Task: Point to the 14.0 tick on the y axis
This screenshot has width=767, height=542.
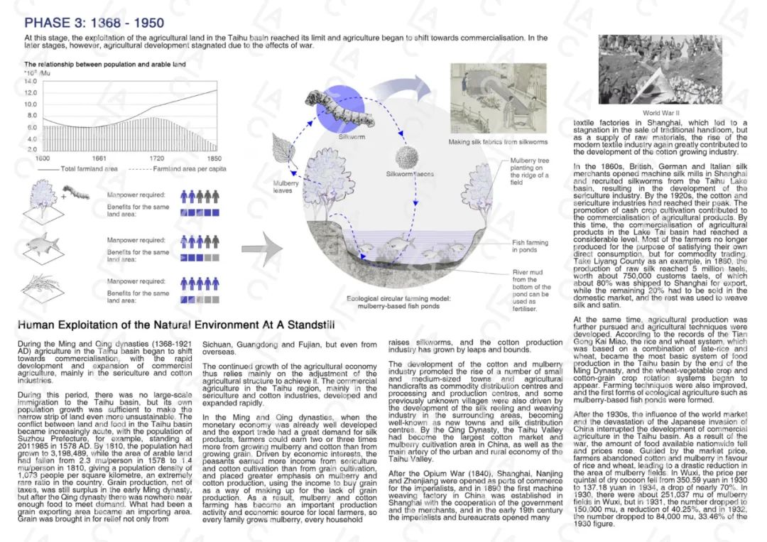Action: pyautogui.click(x=31, y=81)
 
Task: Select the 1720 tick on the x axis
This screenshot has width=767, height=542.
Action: pyautogui.click(x=156, y=158)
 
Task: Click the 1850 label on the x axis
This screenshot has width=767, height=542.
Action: pyautogui.click(x=214, y=158)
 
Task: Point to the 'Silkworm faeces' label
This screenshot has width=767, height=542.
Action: pyautogui.click(x=410, y=174)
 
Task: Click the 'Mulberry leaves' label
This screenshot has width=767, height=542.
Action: pyautogui.click(x=287, y=188)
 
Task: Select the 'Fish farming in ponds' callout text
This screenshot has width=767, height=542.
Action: pyautogui.click(x=530, y=246)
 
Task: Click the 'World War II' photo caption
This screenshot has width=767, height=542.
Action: pyautogui.click(x=661, y=113)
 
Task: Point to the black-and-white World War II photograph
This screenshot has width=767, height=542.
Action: pyautogui.click(x=660, y=70)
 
